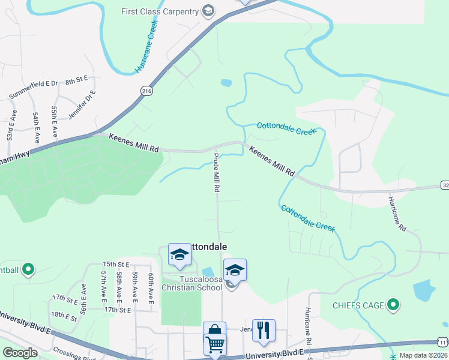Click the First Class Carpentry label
coord(160,11)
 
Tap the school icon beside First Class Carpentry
coord(208,11)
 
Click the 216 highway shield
coord(146,91)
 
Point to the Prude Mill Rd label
coord(215,172)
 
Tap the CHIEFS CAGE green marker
coord(393,305)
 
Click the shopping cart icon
coord(214,345)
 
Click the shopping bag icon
coord(214,331)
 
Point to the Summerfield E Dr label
coord(33,89)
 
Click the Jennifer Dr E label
coord(82,106)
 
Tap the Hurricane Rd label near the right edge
coord(397,213)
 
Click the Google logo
coord(20,353)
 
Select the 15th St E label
coord(116,264)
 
